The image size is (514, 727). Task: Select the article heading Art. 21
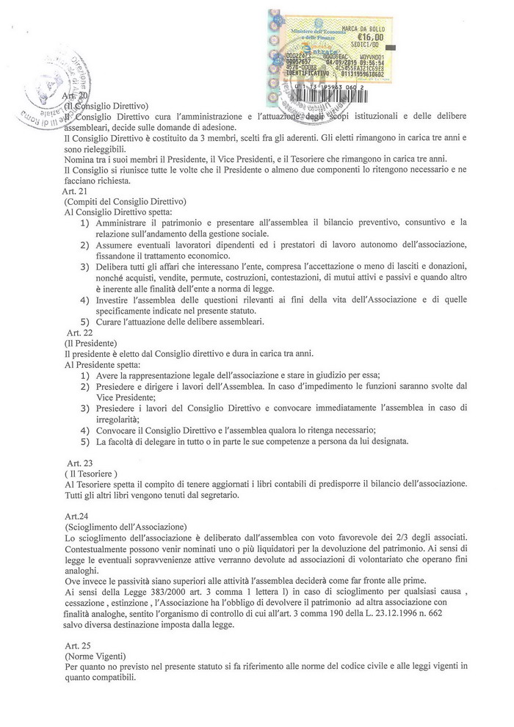76,191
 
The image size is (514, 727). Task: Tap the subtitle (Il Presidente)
90,343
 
